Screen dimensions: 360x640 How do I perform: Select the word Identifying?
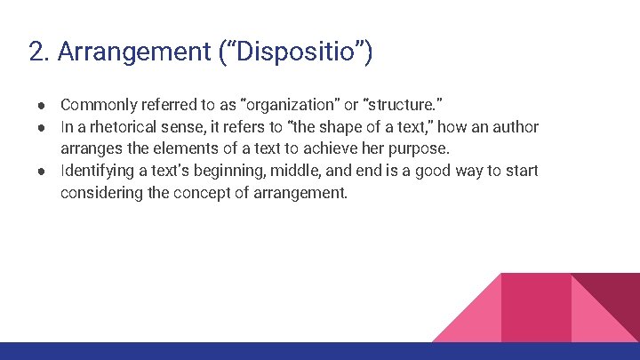click(100, 171)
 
